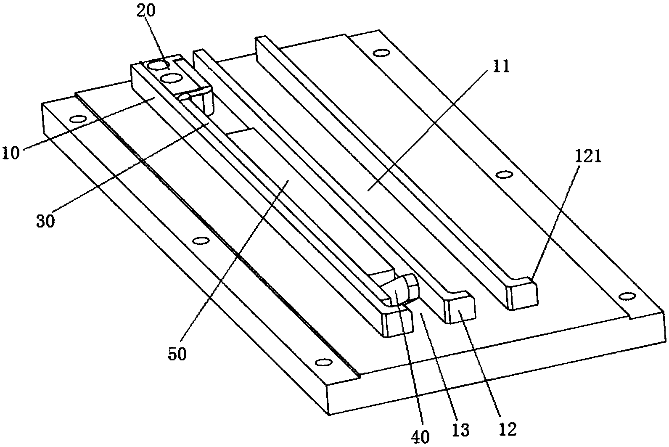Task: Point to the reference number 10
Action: pos(11,153)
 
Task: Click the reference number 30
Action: pos(45,220)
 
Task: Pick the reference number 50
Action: pos(177,354)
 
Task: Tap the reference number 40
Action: pos(420,436)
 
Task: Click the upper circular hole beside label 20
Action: pos(160,66)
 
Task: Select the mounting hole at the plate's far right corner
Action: pos(627,296)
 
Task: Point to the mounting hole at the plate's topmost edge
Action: pos(381,53)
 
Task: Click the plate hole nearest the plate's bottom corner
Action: pos(323,362)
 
